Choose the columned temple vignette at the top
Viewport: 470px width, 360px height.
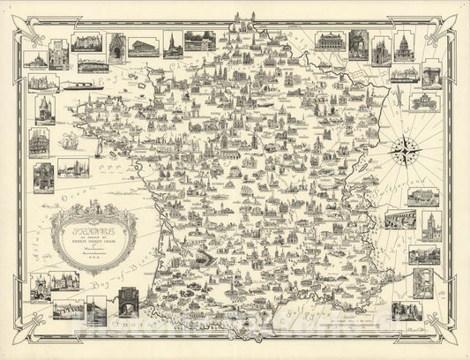144,46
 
